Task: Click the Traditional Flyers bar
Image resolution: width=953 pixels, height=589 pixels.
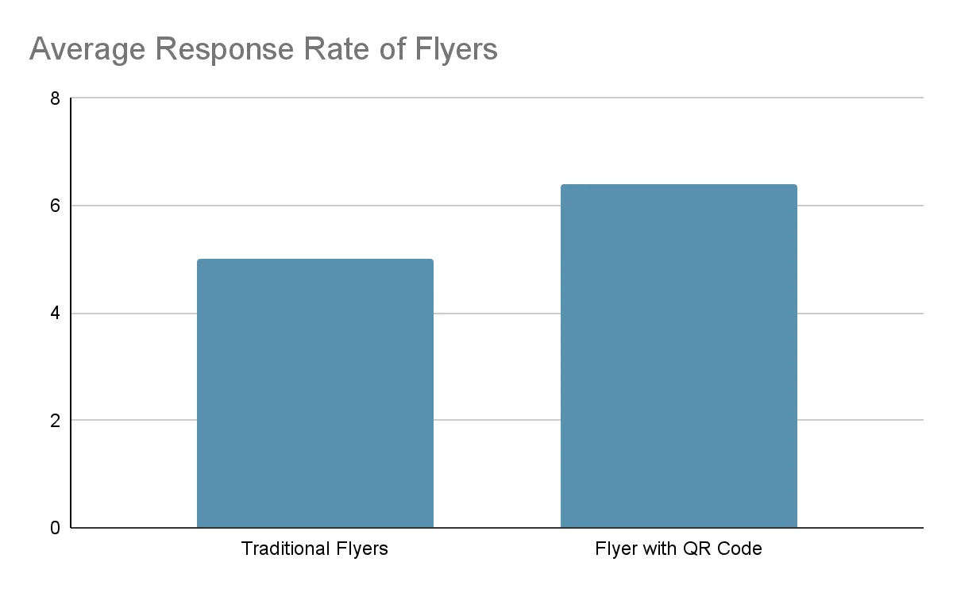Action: (x=315, y=393)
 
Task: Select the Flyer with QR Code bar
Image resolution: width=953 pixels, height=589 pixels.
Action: (x=679, y=356)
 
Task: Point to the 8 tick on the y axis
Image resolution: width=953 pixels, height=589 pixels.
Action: (x=55, y=99)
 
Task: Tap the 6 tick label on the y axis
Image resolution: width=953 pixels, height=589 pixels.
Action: (x=55, y=206)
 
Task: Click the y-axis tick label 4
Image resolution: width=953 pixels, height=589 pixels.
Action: (x=55, y=314)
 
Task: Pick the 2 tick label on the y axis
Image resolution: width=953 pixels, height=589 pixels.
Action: (x=55, y=421)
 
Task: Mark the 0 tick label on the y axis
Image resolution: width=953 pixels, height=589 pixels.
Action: (x=55, y=528)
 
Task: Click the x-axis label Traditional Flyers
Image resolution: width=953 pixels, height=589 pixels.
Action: (x=314, y=549)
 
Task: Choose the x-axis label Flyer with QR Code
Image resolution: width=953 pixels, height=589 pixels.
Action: (x=678, y=549)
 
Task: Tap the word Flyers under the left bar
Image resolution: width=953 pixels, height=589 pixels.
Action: (x=362, y=549)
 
